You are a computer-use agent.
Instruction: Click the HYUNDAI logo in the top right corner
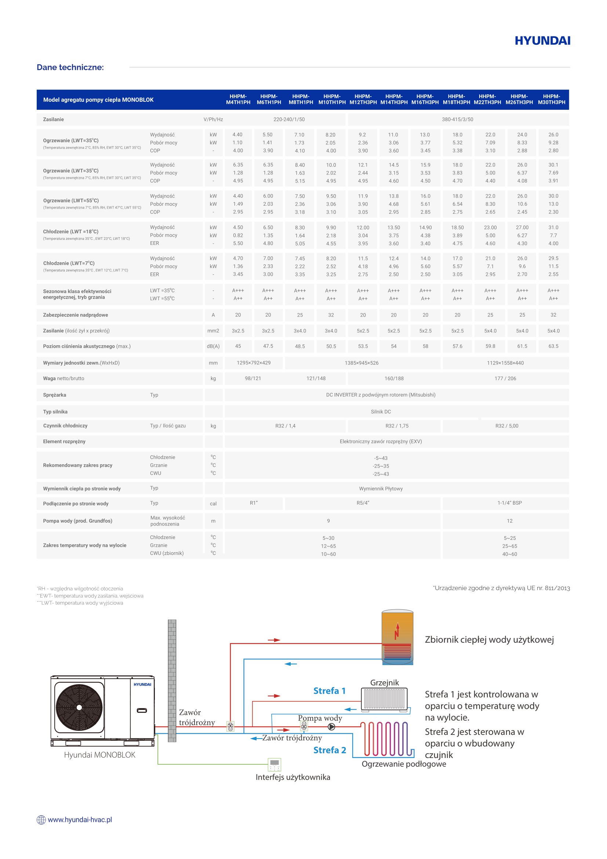(542, 41)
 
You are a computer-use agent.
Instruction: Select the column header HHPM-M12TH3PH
(363, 99)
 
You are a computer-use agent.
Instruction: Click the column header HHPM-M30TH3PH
(551, 99)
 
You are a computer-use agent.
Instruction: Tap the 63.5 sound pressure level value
(553, 346)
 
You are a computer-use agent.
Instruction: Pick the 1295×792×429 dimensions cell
(254, 363)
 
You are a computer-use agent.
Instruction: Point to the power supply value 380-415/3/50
(458, 120)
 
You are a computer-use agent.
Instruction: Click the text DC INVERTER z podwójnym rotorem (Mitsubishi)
(381, 395)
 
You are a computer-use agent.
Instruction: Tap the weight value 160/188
(394, 379)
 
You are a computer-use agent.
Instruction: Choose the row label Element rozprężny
(64, 442)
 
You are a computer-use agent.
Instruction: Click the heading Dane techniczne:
(70, 67)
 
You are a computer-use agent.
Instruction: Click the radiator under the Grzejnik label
(384, 699)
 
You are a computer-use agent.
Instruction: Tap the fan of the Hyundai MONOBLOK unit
(79, 707)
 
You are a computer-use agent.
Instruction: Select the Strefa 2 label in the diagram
(330, 750)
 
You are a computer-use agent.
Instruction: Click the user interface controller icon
(275, 764)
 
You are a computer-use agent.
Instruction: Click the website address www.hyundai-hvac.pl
(80, 820)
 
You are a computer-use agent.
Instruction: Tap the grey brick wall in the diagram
(172, 681)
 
